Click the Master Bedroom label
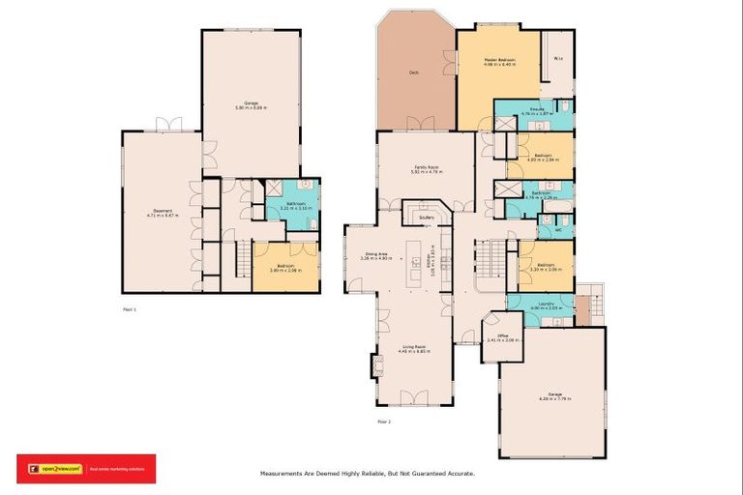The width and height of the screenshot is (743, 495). point(499,60)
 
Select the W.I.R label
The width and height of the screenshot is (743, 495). point(558,59)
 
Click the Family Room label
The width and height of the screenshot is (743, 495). point(426,167)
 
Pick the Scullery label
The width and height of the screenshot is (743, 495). point(427,218)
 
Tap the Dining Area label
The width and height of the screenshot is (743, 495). point(375,254)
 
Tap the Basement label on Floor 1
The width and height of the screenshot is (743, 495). point(162,212)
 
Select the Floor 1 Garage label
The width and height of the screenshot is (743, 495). point(251,103)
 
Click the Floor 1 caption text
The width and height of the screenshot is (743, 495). point(130,309)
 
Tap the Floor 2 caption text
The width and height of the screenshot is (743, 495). point(384,422)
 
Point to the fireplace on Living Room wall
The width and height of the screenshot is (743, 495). point(375,365)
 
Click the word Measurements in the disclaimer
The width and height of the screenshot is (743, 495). point(284,474)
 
